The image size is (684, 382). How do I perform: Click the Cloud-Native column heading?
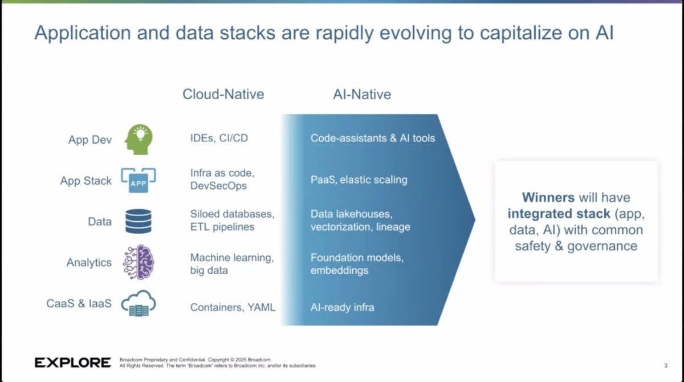(223, 94)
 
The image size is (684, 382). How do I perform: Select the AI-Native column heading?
(362, 94)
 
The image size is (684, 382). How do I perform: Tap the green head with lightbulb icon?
(137, 139)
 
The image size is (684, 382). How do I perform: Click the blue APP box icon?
(137, 181)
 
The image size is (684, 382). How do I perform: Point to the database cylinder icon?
(138, 222)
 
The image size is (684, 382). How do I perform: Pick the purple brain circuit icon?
(138, 262)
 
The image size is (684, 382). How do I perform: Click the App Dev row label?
(90, 140)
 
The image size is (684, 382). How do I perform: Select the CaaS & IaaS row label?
(79, 303)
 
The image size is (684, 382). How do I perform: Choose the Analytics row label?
(89, 262)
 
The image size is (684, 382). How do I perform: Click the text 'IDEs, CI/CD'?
(219, 138)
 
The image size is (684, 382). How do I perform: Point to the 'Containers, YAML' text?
(233, 307)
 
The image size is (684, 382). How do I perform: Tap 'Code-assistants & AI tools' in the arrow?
(372, 138)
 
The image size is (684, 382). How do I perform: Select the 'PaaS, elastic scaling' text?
(359, 180)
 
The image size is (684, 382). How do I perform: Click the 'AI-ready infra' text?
(342, 307)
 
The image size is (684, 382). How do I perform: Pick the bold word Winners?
(548, 198)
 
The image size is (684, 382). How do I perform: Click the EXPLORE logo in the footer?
(73, 363)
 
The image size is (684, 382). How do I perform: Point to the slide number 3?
(665, 365)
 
